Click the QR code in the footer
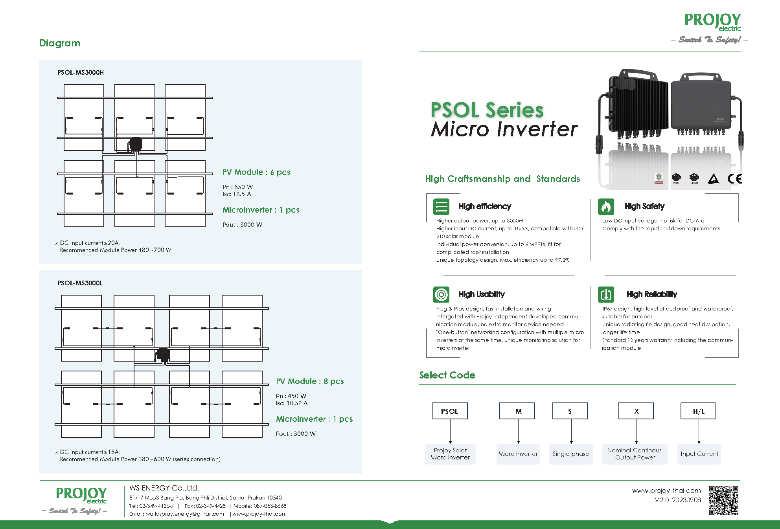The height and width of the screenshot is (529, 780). pyautogui.click(x=723, y=500)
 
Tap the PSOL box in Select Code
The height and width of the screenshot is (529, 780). pyautogui.click(x=450, y=411)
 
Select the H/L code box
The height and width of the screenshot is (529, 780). pyautogui.click(x=698, y=411)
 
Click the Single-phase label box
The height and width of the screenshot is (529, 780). pyautogui.click(x=570, y=454)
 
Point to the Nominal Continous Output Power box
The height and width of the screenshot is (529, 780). pyautogui.click(x=635, y=454)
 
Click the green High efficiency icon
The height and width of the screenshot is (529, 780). pyautogui.click(x=441, y=206)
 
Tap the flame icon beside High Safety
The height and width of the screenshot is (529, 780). pyautogui.click(x=606, y=206)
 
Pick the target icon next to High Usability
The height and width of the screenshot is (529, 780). pyautogui.click(x=441, y=294)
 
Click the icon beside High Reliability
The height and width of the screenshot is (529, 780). pyautogui.click(x=606, y=294)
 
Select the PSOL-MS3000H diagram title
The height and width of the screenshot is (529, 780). pyautogui.click(x=81, y=72)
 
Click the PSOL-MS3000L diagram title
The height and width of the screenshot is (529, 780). pyautogui.click(x=80, y=283)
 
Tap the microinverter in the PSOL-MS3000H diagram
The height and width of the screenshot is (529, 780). pyautogui.click(x=135, y=144)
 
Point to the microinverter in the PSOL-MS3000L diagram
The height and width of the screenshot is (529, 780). pyautogui.click(x=162, y=355)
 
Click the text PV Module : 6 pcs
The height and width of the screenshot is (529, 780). pyautogui.click(x=256, y=172)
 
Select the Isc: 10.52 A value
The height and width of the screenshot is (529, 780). pyautogui.click(x=292, y=403)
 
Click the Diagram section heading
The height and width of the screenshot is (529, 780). pyautogui.click(x=60, y=43)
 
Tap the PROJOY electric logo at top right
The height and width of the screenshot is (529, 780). pyautogui.click(x=712, y=22)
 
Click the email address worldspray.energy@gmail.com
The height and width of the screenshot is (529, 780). pyautogui.click(x=185, y=514)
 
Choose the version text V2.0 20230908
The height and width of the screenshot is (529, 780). pyautogui.click(x=678, y=500)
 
